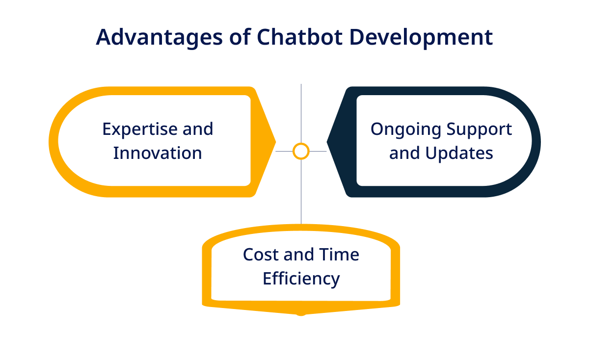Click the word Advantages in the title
[x=160, y=38]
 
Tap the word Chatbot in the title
[x=299, y=37]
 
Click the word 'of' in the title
[x=240, y=37]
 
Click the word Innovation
[x=158, y=153]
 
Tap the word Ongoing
[x=406, y=130]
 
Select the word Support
[x=479, y=130]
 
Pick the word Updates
[x=459, y=154]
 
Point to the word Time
[x=339, y=255]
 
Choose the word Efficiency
[x=301, y=279]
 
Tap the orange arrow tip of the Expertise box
[x=275, y=142]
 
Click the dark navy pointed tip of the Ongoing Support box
[x=327, y=142]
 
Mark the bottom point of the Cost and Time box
[x=301, y=315]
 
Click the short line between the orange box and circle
[x=284, y=152]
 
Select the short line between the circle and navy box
[x=318, y=152]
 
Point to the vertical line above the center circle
[x=301, y=113]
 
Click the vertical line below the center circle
[x=301, y=192]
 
